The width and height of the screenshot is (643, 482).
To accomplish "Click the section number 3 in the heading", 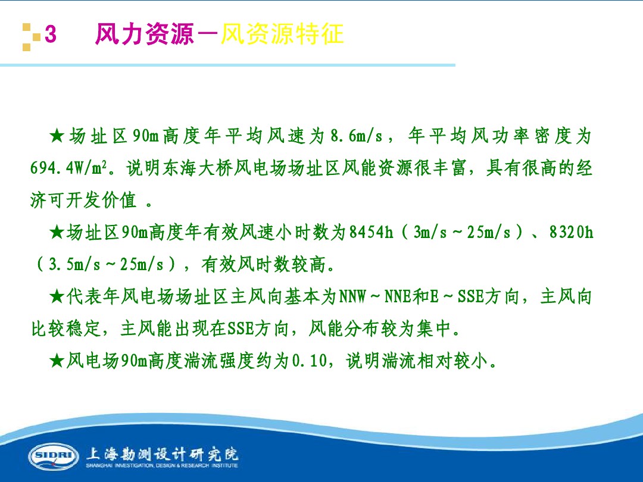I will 51,35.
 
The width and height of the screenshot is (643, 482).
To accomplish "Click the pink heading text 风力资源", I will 145,35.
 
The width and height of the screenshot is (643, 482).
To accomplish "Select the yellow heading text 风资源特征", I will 283,35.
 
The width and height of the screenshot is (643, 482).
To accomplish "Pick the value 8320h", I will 571,232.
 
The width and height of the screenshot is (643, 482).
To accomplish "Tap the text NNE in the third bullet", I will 397,296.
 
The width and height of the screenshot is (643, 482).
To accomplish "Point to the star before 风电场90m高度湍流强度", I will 57,361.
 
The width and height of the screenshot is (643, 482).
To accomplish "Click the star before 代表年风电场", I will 57,296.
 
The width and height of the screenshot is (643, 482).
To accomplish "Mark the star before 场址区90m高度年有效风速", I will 57,232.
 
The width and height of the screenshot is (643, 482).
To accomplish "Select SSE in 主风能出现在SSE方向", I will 241,328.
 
